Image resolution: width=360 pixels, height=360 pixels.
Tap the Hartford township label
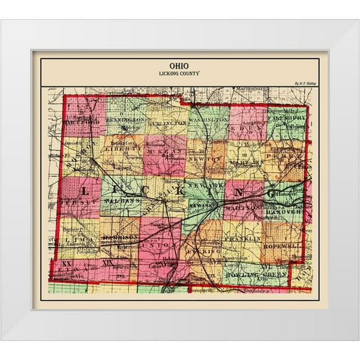[x=81, y=122]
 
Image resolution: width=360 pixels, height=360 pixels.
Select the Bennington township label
[x=125, y=118]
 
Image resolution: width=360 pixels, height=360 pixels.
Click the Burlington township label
[x=166, y=123]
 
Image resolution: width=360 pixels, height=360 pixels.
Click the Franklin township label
[x=242, y=239]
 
